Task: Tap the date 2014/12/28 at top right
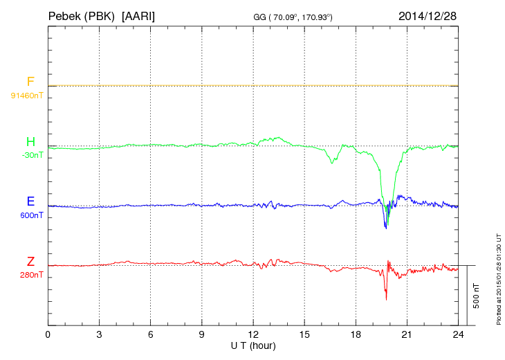point(427,15)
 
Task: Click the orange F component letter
point(30,82)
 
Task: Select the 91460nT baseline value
point(27,95)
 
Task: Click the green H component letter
point(30,142)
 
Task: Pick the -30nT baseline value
point(32,155)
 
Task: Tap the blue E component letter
point(30,201)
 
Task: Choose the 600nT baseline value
point(32,215)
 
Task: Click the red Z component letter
point(30,262)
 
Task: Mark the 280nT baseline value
point(32,275)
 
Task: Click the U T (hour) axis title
point(253,345)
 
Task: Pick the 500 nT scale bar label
point(476,296)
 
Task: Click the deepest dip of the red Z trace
point(386,299)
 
